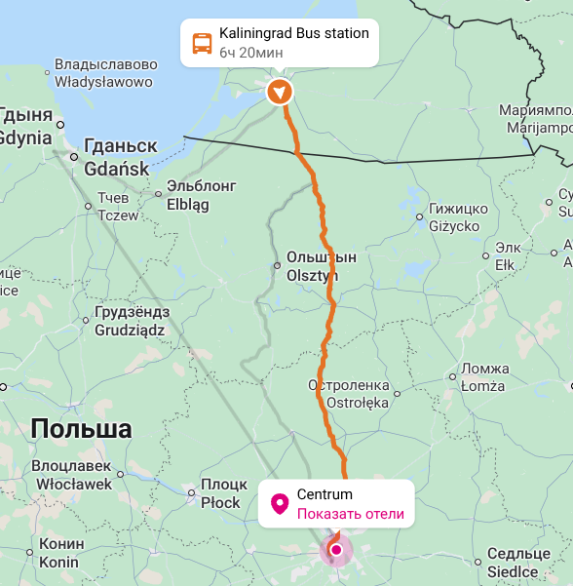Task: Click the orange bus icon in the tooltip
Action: (x=202, y=43)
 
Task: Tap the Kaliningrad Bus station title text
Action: (x=293, y=34)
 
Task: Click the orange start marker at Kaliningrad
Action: (x=280, y=92)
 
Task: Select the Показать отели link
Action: (x=350, y=514)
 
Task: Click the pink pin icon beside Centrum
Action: (x=279, y=504)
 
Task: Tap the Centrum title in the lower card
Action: (x=325, y=495)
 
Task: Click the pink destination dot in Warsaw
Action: (x=336, y=550)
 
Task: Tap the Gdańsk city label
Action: (x=117, y=157)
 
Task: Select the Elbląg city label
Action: (x=202, y=195)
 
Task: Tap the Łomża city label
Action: (x=483, y=377)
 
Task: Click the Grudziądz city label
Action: (x=131, y=322)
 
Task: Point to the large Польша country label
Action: (x=81, y=429)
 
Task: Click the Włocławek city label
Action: (x=73, y=475)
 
